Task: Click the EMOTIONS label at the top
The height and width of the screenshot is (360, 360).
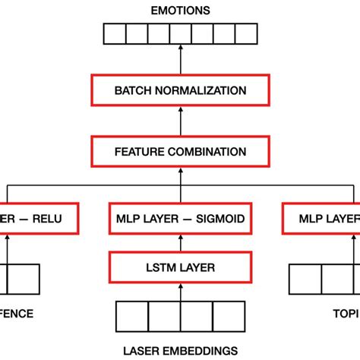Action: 180,10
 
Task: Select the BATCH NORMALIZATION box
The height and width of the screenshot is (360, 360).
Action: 180,90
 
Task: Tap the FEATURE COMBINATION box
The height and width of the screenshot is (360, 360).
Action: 180,151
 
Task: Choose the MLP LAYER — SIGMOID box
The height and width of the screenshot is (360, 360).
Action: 180,219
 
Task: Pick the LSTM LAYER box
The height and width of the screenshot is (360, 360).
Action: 180,267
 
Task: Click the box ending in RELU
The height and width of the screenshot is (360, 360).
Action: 38,219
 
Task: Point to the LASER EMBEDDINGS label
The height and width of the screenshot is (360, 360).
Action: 180,350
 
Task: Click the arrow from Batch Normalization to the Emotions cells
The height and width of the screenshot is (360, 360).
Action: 180,61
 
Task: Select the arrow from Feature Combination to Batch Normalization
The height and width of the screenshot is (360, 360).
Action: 180,122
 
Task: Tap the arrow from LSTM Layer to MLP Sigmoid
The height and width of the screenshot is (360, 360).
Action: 180,243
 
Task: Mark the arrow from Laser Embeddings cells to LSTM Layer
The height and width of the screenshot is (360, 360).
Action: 180,292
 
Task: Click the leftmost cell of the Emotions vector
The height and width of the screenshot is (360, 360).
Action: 113,35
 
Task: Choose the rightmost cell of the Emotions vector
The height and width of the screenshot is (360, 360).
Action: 247,35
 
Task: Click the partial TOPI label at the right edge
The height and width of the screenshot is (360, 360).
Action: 346,313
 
